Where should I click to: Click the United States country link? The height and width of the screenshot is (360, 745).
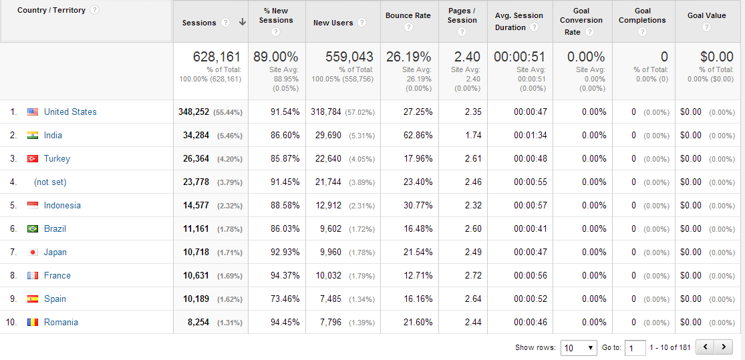click(x=70, y=112)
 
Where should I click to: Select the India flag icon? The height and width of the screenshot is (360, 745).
click(x=33, y=136)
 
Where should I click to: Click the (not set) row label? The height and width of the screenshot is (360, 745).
click(x=50, y=182)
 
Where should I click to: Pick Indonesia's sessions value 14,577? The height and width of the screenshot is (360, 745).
click(x=196, y=206)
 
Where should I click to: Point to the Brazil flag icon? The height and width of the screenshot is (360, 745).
click(x=33, y=229)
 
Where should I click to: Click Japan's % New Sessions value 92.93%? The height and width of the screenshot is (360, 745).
click(x=285, y=252)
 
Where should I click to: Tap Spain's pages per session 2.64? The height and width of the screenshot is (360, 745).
click(x=473, y=299)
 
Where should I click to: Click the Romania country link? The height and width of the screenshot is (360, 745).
click(x=61, y=323)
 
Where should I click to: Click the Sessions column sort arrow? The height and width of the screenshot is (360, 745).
click(x=242, y=23)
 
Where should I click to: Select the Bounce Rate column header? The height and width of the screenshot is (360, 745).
click(x=408, y=16)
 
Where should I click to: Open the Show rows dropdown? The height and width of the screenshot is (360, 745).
click(x=579, y=347)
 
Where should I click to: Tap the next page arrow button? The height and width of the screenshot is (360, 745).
click(x=724, y=347)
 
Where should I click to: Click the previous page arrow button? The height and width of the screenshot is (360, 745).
click(x=705, y=347)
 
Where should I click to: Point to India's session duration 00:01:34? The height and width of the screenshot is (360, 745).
click(x=531, y=136)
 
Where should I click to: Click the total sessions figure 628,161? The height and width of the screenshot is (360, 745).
click(x=216, y=57)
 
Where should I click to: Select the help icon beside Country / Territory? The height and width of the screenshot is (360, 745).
click(x=94, y=10)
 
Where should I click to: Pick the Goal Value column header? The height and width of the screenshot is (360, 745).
click(x=706, y=16)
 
